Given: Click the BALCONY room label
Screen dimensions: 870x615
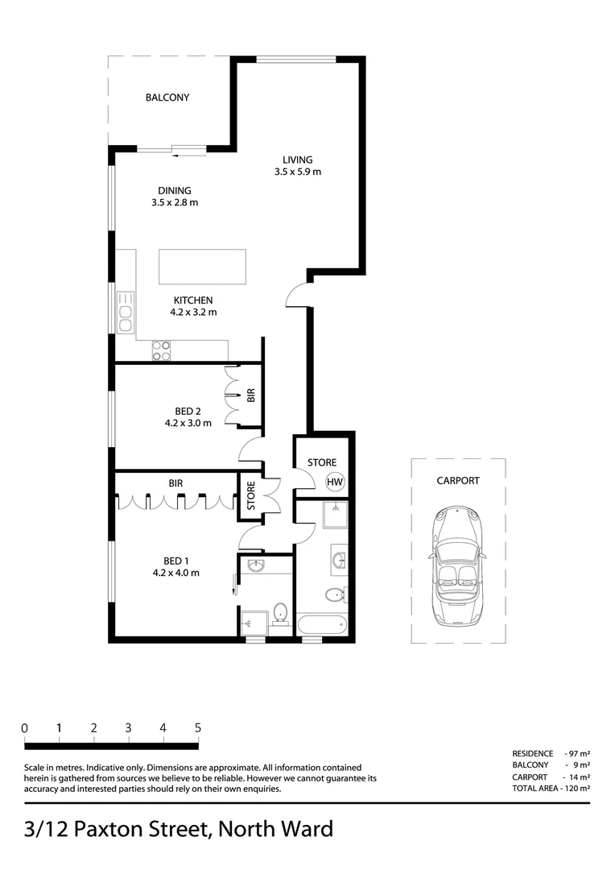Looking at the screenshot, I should pyautogui.click(x=167, y=97).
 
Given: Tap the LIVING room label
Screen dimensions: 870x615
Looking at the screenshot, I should pyautogui.click(x=297, y=159).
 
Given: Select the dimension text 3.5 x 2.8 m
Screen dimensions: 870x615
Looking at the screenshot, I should pyautogui.click(x=174, y=203).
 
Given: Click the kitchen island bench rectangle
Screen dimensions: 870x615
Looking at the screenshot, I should pyautogui.click(x=202, y=265).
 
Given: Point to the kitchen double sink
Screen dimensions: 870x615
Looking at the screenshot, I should pyautogui.click(x=126, y=312).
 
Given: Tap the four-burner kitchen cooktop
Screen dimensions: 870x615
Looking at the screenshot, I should pyautogui.click(x=162, y=350).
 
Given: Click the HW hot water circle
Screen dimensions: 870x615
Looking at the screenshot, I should pyautogui.click(x=335, y=482).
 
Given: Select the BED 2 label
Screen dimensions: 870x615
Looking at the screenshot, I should pyautogui.click(x=188, y=411).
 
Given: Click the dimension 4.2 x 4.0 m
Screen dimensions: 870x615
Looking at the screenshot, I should pyautogui.click(x=175, y=573).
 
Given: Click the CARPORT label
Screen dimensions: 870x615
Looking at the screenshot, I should pyautogui.click(x=457, y=480).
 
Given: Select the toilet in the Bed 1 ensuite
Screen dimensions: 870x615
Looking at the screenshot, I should pyautogui.click(x=281, y=612).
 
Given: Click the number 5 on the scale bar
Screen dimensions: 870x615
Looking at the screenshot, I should pyautogui.click(x=197, y=727).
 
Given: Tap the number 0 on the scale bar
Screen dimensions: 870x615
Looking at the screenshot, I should pyautogui.click(x=25, y=727).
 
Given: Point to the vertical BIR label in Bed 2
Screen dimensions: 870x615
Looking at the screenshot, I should pyautogui.click(x=251, y=395).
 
